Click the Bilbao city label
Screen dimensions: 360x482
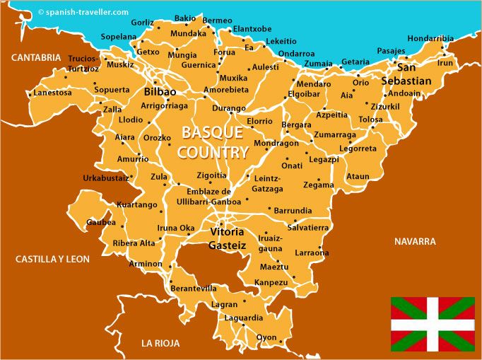160,92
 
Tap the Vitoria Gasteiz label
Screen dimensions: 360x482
227,238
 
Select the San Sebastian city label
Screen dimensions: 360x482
406,74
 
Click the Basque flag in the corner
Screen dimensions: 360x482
433,324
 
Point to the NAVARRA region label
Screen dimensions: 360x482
415,241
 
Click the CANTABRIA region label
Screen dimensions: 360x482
30,57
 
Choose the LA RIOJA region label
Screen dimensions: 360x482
160,343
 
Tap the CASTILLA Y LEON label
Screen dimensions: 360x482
52,260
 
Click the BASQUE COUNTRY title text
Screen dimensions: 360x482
213,141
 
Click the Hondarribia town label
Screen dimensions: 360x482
430,39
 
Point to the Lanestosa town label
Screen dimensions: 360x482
52,93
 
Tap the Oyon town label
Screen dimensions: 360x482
266,337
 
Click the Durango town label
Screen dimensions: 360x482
228,109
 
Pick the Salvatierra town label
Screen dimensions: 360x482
307,227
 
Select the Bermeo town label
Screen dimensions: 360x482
217,21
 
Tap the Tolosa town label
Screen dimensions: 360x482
370,120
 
